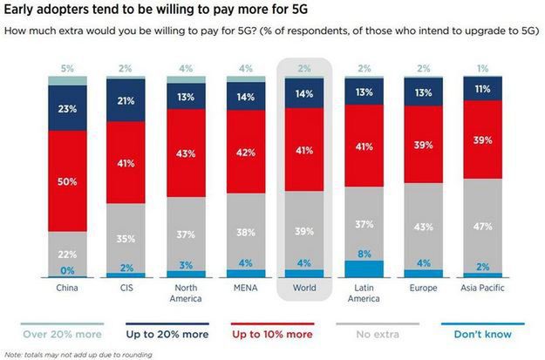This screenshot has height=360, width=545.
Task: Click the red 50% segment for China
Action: click(66, 181)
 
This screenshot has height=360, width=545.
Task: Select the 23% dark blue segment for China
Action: click(66, 110)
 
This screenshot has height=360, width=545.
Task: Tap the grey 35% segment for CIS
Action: click(126, 236)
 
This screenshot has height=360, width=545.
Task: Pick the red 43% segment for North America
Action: click(186, 153)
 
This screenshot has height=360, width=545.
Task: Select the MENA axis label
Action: click(246, 286)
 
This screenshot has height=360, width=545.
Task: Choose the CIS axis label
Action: click(126, 286)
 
